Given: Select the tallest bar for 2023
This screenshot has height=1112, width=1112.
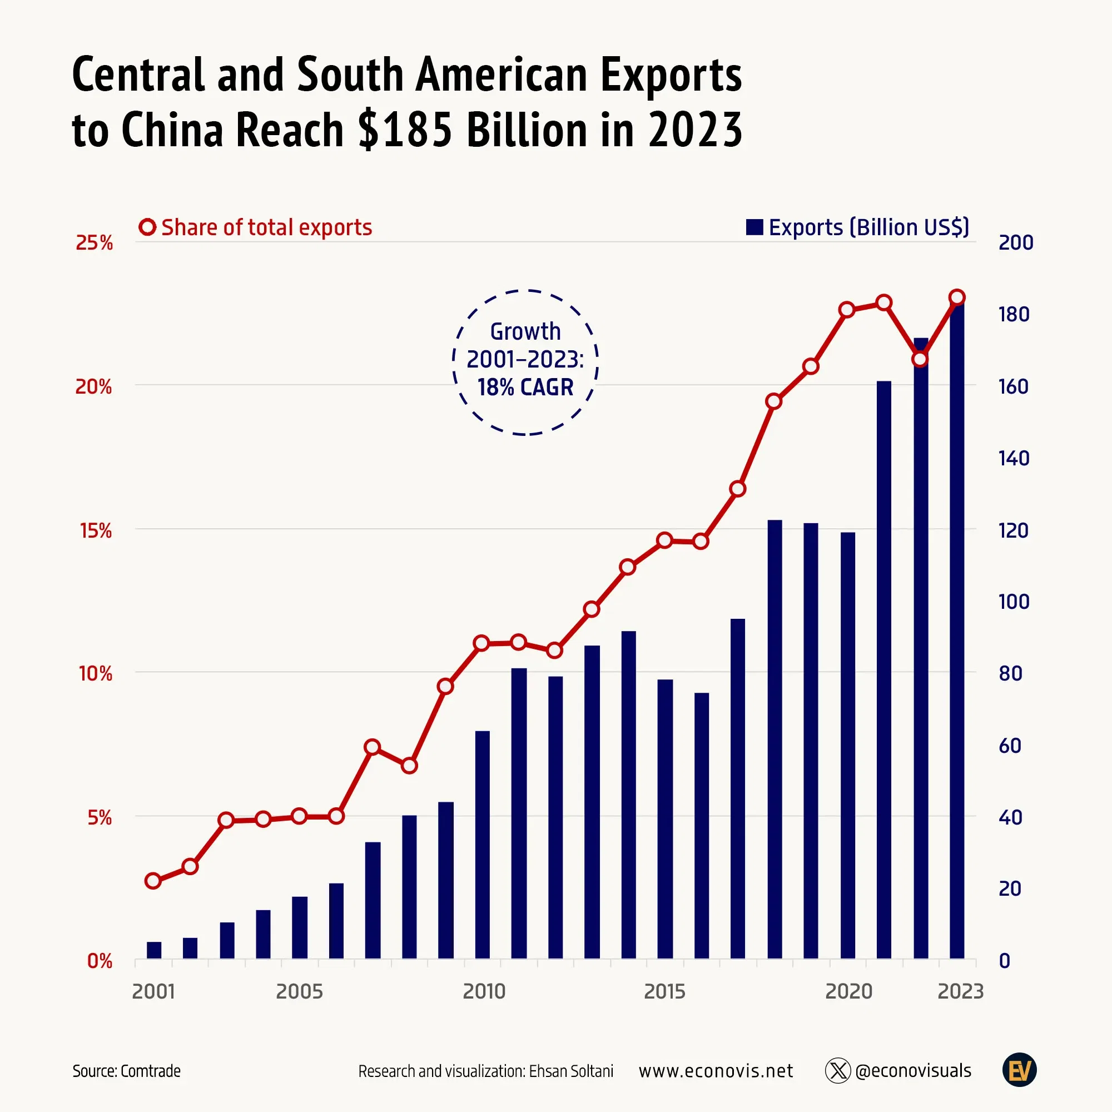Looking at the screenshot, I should pos(956,633).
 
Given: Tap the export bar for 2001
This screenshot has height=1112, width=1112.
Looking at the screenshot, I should pos(153,950).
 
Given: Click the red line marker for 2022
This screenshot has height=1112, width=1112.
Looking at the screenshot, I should pos(920,359).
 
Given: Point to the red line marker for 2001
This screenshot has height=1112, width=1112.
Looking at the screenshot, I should pos(152,881).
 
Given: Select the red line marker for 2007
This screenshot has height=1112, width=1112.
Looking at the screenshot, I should pos(373,747).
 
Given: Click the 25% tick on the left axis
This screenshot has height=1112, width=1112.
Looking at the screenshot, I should pos(94,243).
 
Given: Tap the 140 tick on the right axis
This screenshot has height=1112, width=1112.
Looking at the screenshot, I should pos(1014,458).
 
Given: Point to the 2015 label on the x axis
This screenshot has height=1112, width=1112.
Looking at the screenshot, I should pos(664,991).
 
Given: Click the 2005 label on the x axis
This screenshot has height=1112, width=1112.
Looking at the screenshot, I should pos(299,991).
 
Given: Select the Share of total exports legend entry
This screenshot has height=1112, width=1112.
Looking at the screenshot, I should pos(256,227).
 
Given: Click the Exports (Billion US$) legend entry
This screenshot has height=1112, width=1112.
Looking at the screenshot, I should pos(857,227).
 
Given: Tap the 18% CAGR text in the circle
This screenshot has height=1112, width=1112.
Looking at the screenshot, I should pos(525,388).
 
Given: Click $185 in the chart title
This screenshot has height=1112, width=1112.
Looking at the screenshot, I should pos(404,130).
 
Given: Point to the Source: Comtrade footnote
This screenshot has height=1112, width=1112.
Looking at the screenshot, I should pos(127,1071).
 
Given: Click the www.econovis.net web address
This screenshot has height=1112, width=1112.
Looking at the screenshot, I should pos(716,1071).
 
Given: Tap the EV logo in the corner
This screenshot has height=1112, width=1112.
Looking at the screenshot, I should pos(1019,1070).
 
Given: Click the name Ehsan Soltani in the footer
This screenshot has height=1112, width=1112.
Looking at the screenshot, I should pos(571,1071).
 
